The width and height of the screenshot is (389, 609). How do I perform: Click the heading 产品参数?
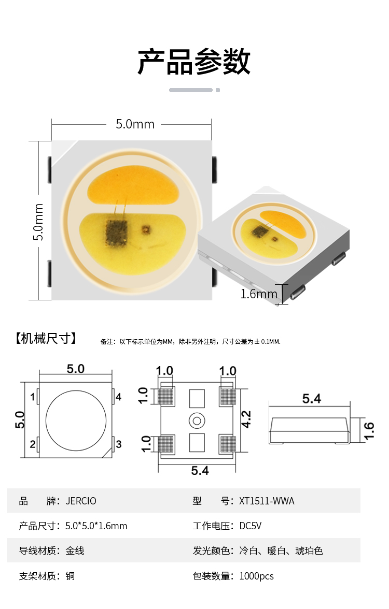tap(194, 61)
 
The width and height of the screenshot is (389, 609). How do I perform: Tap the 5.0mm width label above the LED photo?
tap(135, 124)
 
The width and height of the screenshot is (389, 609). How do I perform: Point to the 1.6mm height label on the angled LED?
tap(259, 294)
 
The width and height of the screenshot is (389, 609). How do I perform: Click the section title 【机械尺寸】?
tap(46, 338)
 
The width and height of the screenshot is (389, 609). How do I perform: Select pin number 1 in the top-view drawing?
tap(33, 397)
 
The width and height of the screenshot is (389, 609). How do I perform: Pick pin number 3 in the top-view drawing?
tap(119, 444)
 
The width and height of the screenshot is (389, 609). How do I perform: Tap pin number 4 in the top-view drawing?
tap(119, 397)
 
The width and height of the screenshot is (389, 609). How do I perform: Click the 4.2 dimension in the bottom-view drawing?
tap(246, 419)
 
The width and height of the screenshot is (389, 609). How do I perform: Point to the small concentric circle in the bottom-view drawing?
tap(197, 421)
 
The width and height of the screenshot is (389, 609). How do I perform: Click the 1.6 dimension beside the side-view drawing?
tap(369, 431)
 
